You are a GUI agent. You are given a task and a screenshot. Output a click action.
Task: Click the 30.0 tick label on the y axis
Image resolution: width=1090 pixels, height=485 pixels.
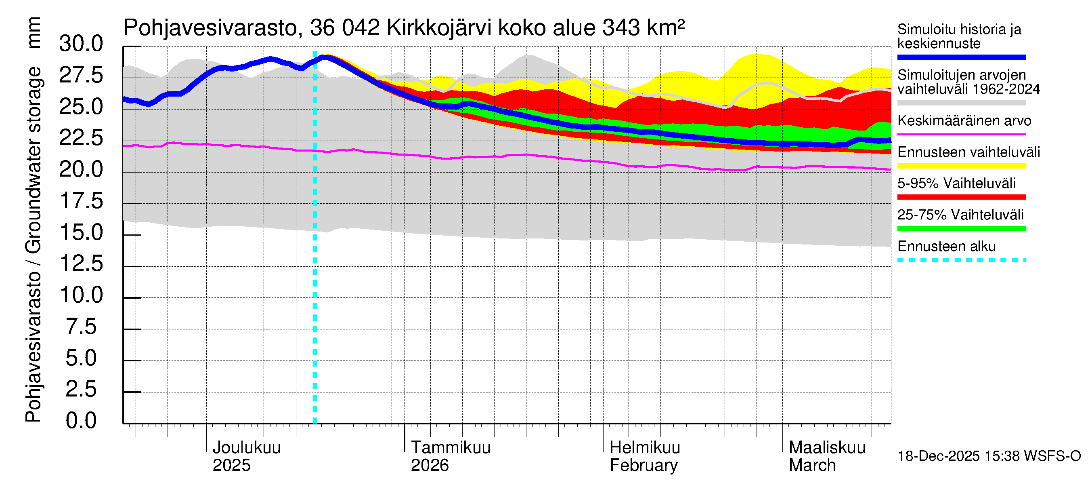pos(81,44)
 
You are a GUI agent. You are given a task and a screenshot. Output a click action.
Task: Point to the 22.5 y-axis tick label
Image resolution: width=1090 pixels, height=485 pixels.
pos(81,138)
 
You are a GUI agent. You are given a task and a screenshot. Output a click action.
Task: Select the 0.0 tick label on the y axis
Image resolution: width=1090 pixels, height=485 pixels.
pos(81,421)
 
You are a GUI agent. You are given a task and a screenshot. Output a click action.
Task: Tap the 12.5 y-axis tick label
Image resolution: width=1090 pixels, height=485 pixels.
pos(81,264)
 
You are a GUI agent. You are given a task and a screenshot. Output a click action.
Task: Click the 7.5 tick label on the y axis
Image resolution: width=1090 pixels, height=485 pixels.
pos(81,327)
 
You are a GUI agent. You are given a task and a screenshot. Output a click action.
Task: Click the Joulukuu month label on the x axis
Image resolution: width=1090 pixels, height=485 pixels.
pos(246,447)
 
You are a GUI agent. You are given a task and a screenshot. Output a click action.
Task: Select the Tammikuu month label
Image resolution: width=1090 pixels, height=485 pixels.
pos(451,447)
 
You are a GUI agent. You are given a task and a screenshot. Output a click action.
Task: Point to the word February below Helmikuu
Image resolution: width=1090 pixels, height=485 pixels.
pos(644,466)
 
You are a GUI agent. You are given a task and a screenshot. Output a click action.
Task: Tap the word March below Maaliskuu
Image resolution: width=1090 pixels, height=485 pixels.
pos(812,466)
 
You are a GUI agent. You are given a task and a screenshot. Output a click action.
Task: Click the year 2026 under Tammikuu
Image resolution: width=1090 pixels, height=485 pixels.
pos(430,466)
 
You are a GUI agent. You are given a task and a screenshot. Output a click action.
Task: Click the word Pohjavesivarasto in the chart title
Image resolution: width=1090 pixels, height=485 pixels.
pos(210,28)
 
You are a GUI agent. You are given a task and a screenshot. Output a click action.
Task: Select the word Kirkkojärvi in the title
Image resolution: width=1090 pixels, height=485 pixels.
pos(439,28)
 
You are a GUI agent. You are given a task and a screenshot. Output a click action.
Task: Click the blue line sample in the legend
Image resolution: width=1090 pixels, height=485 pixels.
pos(961,57)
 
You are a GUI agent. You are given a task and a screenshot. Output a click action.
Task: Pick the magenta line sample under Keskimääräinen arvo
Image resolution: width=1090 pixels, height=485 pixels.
pos(961,134)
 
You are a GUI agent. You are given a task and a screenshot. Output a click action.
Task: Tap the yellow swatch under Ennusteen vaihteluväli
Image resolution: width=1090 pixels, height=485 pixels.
pos(961,166)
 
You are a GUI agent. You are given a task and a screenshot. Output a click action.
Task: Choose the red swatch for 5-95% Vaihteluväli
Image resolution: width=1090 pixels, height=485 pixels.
pos(961,197)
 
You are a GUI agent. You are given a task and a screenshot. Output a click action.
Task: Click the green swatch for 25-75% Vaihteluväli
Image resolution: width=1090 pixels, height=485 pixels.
pos(961,229)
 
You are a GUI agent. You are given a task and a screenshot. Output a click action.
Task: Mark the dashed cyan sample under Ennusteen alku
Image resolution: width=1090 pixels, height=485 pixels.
pos(961,259)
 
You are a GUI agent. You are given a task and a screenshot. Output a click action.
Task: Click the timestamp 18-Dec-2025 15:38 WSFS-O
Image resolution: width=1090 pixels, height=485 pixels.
pos(989,456)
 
